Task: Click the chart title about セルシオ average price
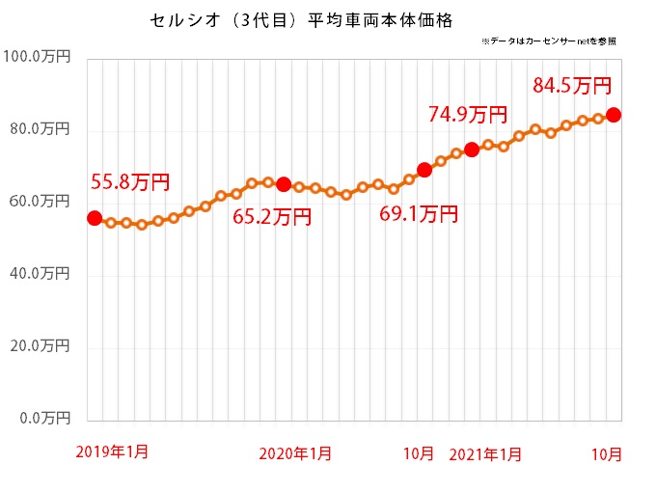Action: [x=302, y=18]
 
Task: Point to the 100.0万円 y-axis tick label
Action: [x=37, y=58]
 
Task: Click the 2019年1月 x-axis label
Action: [x=112, y=451]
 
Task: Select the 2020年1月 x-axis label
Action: [x=295, y=452]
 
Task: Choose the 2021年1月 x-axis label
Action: [x=487, y=452]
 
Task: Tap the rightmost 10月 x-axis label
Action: [x=607, y=452]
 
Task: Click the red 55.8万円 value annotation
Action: [x=130, y=181]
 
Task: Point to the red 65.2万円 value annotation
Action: [x=273, y=217]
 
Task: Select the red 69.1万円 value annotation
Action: [x=418, y=214]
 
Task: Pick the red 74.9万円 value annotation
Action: [x=468, y=115]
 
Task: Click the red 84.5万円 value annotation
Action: [x=572, y=86]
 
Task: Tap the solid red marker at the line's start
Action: [x=95, y=218]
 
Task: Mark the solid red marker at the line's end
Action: [x=614, y=115]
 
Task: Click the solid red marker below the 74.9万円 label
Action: [x=472, y=149]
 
